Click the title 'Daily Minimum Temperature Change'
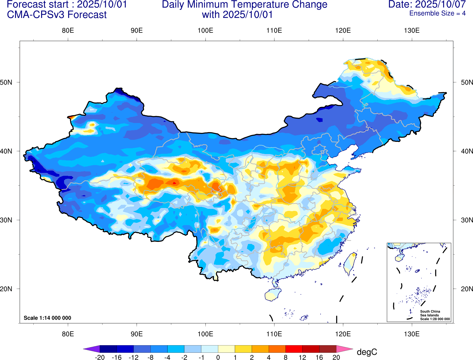[244, 5]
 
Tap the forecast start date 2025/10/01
[102, 5]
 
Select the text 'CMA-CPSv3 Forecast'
[57, 15]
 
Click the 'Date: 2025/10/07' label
[427, 5]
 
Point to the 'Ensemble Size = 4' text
[437, 13]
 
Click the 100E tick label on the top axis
[205, 30]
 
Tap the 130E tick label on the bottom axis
[412, 334]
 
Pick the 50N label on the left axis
[6, 82]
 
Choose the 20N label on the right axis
[467, 289]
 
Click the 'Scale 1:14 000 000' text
[47, 318]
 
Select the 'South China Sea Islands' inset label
[430, 313]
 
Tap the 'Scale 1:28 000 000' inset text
[435, 319]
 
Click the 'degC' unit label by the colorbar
[367, 352]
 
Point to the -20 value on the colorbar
[100, 357]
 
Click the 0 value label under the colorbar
[218, 357]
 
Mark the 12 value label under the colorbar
[302, 357]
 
